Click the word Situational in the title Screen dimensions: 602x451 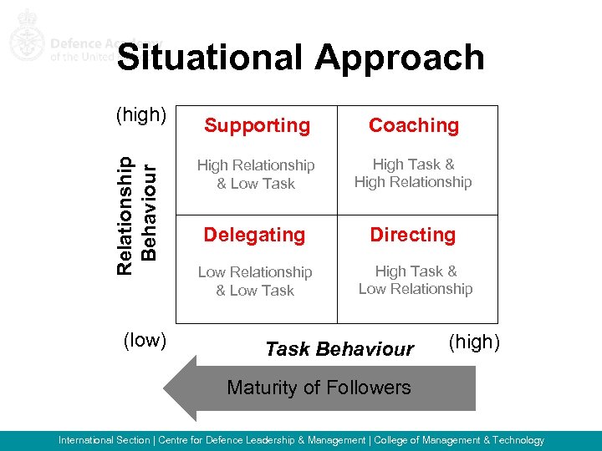click(x=211, y=58)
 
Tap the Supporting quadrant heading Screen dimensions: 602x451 click(x=257, y=126)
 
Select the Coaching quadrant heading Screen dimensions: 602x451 click(x=414, y=125)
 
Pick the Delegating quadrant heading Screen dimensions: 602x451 click(x=255, y=236)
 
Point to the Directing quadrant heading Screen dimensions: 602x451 click(x=413, y=236)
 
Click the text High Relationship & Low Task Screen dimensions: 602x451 click(x=256, y=175)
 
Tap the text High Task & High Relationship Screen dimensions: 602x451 click(x=413, y=174)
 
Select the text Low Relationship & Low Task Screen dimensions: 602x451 click(x=255, y=281)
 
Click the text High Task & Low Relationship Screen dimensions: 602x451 click(x=416, y=280)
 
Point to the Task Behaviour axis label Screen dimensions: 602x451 click(x=339, y=349)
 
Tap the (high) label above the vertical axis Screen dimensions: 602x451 click(x=142, y=114)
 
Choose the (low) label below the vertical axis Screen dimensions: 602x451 click(x=145, y=340)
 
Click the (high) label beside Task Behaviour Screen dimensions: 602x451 click(x=475, y=341)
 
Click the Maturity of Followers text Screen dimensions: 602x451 click(x=319, y=388)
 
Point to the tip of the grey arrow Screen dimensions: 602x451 click(x=166, y=388)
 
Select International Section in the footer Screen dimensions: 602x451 click(x=104, y=440)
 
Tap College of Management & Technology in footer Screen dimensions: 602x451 click(x=459, y=440)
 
